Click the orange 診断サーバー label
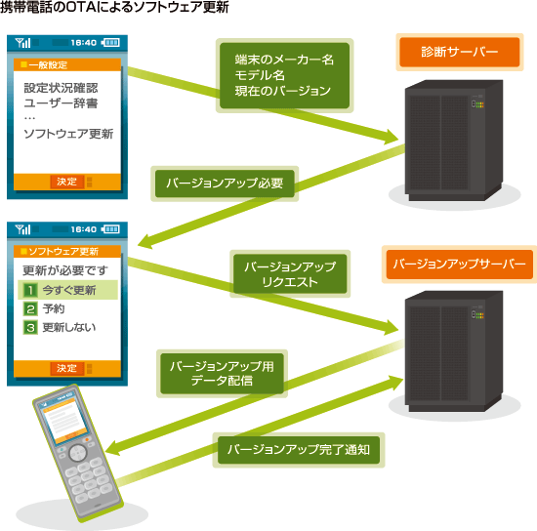(x=460, y=52)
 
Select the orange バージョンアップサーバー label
(x=460, y=264)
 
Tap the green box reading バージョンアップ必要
(x=225, y=184)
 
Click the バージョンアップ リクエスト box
(x=290, y=274)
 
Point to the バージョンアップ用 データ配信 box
(x=222, y=374)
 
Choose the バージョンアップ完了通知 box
(x=299, y=450)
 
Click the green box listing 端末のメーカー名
(x=284, y=75)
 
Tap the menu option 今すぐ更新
(x=67, y=290)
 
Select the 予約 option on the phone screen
(x=44, y=308)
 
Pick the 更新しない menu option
(x=60, y=327)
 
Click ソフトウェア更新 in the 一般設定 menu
(x=68, y=134)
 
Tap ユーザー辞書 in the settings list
(x=61, y=103)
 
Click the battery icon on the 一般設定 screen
(x=110, y=43)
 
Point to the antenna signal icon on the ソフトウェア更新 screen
(x=23, y=229)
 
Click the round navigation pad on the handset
(x=78, y=453)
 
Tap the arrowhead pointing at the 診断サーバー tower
(x=391, y=137)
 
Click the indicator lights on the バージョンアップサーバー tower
(x=477, y=315)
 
